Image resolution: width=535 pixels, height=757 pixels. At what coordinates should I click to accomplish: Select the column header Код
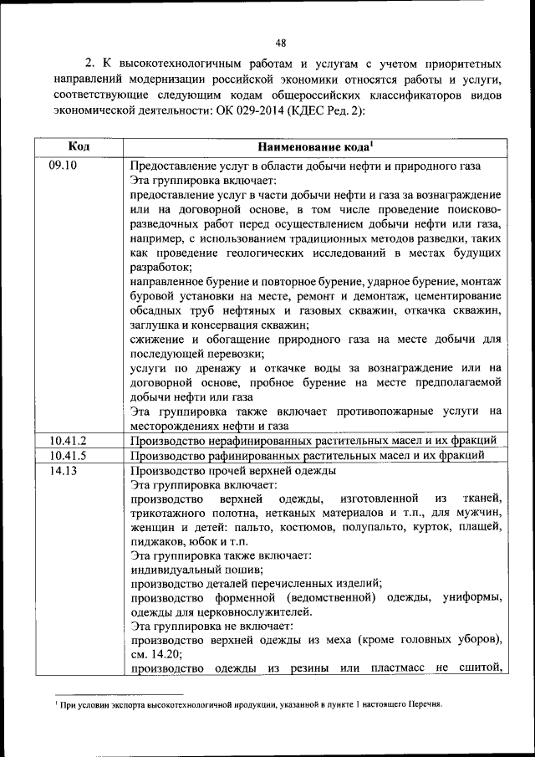pos(79,146)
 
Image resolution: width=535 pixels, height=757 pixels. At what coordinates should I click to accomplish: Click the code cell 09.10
pos(63,165)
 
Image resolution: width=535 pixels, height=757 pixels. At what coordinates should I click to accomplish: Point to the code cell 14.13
pos(63,471)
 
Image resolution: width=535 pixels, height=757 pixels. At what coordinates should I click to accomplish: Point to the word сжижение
pos(156,340)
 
